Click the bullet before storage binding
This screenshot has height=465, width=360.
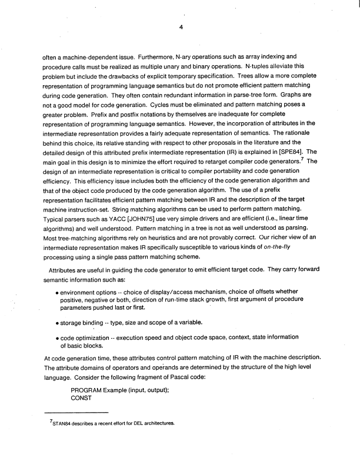(x=56, y=323)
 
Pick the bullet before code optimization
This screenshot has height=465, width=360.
(x=56, y=337)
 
